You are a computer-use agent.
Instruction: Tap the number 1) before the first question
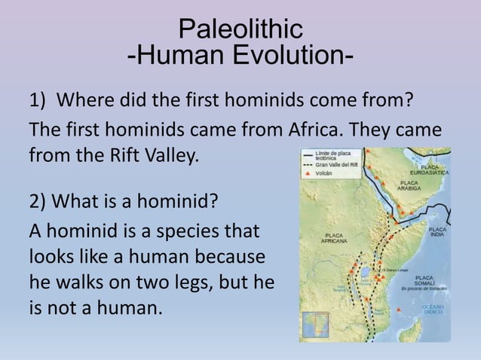38,100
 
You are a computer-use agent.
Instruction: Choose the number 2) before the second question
40,202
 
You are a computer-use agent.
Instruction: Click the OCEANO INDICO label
433,310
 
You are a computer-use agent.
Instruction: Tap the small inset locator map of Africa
315,324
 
